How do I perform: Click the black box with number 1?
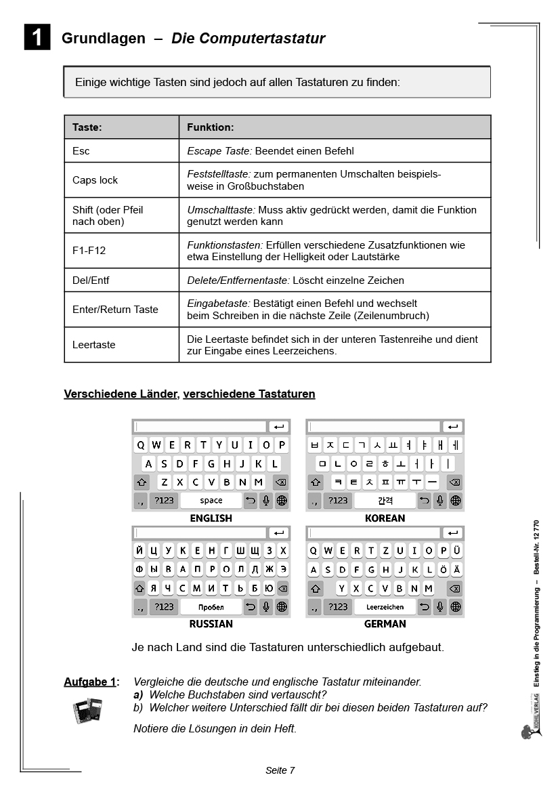click(x=37, y=37)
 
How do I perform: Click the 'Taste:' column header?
click(x=87, y=127)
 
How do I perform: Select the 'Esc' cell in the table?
click(x=81, y=150)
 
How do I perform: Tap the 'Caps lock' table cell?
click(x=95, y=180)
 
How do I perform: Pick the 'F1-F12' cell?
click(x=89, y=251)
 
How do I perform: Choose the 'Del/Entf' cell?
click(x=91, y=280)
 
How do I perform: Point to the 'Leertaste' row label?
click(x=94, y=345)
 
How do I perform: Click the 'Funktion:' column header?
click(x=210, y=127)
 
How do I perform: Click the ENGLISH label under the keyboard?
click(x=211, y=518)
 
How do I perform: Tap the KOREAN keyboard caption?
click(x=385, y=518)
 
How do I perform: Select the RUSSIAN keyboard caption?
click(x=211, y=624)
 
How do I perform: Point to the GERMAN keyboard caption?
click(x=385, y=624)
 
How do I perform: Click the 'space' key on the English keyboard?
click(x=211, y=501)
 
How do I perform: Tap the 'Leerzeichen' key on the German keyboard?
click(x=385, y=607)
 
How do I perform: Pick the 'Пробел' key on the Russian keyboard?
click(x=211, y=607)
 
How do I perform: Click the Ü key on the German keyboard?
click(x=457, y=551)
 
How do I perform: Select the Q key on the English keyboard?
click(x=141, y=445)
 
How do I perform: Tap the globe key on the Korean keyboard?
click(x=456, y=501)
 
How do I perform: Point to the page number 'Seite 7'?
click(x=280, y=770)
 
